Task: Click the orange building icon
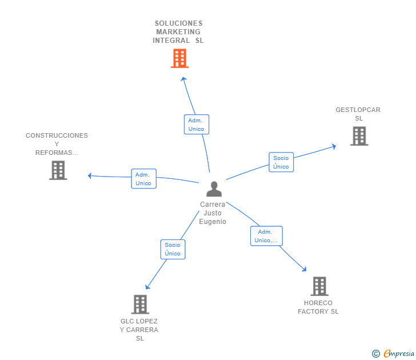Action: pyautogui.click(x=179, y=58)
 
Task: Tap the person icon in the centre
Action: pyautogui.click(x=214, y=189)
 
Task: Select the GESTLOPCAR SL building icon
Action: pyautogui.click(x=359, y=136)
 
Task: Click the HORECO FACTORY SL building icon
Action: pyautogui.click(x=319, y=286)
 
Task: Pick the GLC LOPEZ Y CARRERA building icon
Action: pyautogui.click(x=140, y=304)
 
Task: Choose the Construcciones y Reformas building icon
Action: pyautogui.click(x=58, y=170)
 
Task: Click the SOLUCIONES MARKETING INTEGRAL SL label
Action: pyautogui.click(x=178, y=32)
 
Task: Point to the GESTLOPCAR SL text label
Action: pyautogui.click(x=358, y=114)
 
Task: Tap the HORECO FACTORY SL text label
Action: pyautogui.click(x=318, y=307)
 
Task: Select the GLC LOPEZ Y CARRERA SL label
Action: pyautogui.click(x=139, y=330)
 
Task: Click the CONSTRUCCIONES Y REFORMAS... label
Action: pyautogui.click(x=57, y=144)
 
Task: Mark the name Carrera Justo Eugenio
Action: pyautogui.click(x=213, y=213)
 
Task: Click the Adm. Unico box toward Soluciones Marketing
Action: pyautogui.click(x=196, y=125)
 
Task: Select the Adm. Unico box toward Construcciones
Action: pyautogui.click(x=143, y=179)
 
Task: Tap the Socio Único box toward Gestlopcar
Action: pyautogui.click(x=281, y=162)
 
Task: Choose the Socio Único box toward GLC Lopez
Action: pyautogui.click(x=173, y=249)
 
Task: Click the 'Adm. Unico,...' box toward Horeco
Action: pyautogui.click(x=266, y=236)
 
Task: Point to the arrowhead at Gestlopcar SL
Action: pyautogui.click(x=334, y=146)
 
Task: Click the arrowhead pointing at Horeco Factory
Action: pyautogui.click(x=305, y=269)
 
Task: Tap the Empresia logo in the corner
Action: pyautogui.click(x=394, y=354)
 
